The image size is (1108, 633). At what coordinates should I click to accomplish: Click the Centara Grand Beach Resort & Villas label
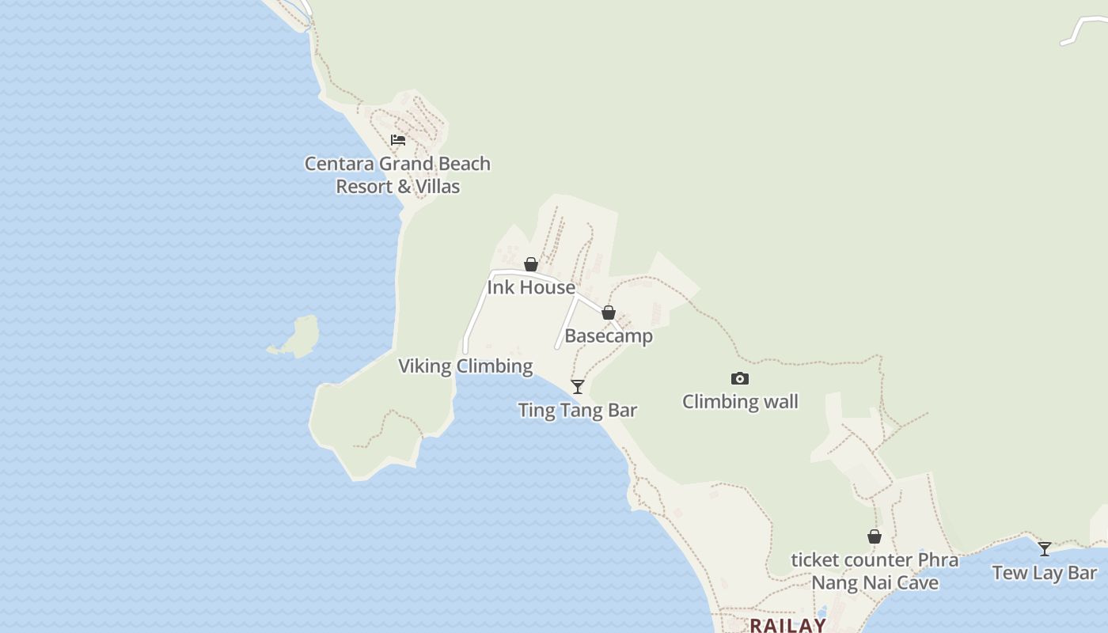point(397,175)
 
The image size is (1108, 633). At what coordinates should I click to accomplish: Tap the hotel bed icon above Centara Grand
point(398,140)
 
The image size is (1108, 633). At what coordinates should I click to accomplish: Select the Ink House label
point(531,287)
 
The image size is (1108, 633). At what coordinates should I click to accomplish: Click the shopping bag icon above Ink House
point(531,264)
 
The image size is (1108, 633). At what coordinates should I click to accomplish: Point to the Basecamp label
point(609,335)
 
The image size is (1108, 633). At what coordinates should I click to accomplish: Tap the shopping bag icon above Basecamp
point(609,313)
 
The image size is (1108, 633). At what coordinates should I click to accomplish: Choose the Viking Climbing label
point(465,366)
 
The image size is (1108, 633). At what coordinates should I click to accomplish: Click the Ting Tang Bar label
point(578,410)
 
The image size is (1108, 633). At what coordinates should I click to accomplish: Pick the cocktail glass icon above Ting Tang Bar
point(578,387)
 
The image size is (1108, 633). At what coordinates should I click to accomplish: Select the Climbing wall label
point(740,402)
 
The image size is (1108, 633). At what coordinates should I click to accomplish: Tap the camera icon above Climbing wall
point(740,379)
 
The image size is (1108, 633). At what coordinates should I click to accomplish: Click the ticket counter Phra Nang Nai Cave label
point(875,571)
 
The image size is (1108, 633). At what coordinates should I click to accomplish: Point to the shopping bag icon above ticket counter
point(875,537)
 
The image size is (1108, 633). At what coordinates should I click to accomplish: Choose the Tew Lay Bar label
point(1045,573)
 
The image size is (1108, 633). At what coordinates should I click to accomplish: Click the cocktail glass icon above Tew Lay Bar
point(1045,549)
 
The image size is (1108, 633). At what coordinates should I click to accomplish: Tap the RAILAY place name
point(787,625)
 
